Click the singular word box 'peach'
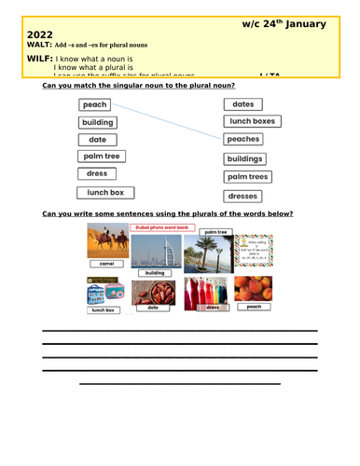tap(94, 105)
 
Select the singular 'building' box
tap(98, 122)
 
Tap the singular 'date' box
tap(97, 140)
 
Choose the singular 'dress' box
tap(97, 173)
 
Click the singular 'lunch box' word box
tap(105, 193)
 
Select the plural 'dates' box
tap(243, 105)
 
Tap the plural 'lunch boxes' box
tap(252, 121)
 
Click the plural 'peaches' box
tap(243, 139)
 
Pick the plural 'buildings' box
tap(245, 158)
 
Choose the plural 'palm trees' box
tap(248, 177)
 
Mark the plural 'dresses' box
tap(242, 197)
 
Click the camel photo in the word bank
tap(106, 241)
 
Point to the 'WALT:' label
tap(31, 45)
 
